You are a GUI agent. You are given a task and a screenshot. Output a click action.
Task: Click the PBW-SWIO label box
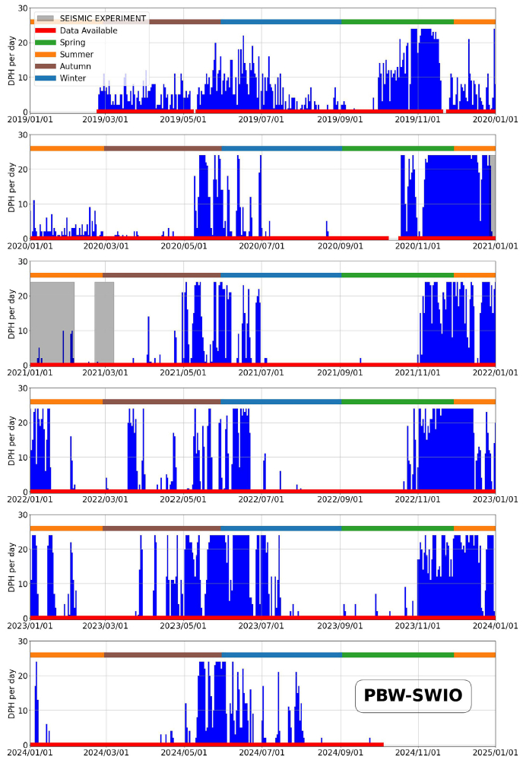click(x=414, y=695)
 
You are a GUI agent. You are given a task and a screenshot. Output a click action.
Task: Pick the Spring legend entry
click(x=72, y=43)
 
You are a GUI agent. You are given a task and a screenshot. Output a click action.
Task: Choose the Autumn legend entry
click(x=74, y=66)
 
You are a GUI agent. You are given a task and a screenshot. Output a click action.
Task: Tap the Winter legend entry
click(x=72, y=78)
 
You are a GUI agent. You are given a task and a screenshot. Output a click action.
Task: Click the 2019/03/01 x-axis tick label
click(x=106, y=119)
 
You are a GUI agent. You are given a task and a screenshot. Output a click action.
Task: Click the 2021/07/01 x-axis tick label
click(x=261, y=372)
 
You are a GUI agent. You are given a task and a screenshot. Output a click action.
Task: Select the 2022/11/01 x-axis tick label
click(x=414, y=499)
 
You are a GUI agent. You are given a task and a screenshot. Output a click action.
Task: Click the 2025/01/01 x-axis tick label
click(x=495, y=752)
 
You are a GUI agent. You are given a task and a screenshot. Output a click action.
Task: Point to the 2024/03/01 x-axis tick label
click(x=106, y=752)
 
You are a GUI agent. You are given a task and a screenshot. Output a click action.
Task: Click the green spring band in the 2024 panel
click(x=398, y=654)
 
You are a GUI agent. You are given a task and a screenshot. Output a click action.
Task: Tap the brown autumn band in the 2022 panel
click(x=162, y=401)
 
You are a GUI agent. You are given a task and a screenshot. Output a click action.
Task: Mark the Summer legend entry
click(x=76, y=54)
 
